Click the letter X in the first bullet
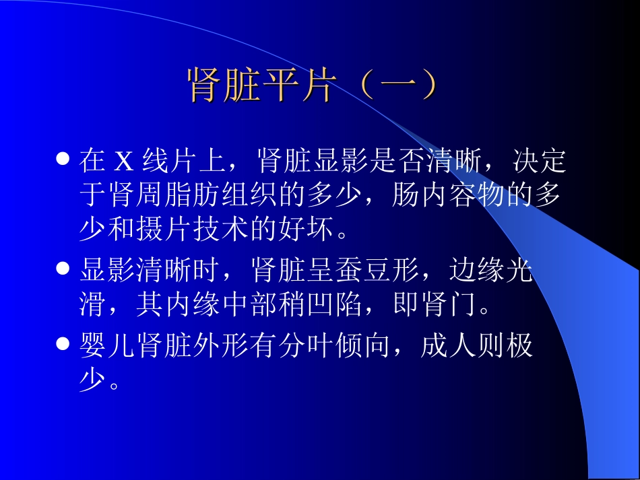(x=124, y=162)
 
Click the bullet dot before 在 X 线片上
(x=63, y=160)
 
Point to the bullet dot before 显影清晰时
(x=63, y=269)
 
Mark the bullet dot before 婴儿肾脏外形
(x=63, y=345)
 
